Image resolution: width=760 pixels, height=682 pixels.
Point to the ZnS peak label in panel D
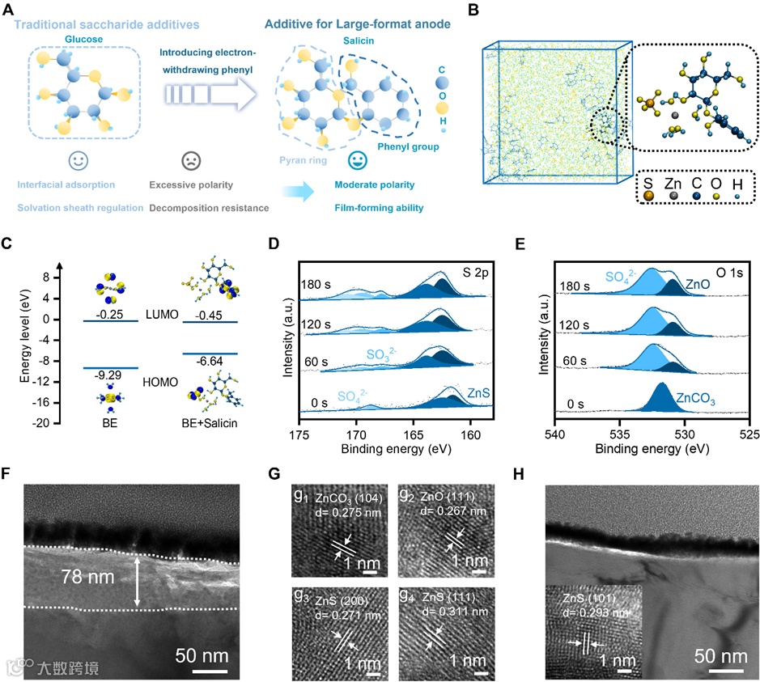click(x=478, y=392)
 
